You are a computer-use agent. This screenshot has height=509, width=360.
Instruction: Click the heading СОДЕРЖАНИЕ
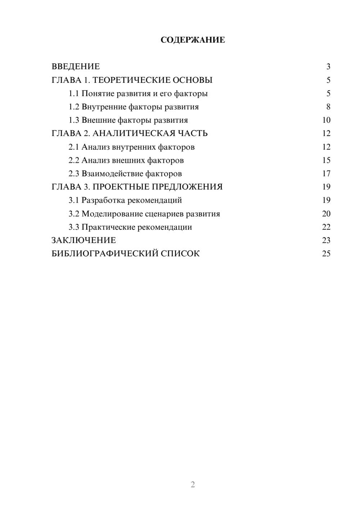point(193,40)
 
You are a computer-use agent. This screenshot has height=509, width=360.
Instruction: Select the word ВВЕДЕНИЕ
point(76,67)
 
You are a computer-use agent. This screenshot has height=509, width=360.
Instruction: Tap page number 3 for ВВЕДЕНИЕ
point(328,67)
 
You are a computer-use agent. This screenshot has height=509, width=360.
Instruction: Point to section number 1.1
point(74,94)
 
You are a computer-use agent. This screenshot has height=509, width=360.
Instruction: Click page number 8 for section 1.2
point(328,107)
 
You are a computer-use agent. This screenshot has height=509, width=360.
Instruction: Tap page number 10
point(326,120)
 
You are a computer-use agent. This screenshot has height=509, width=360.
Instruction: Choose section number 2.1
point(74,147)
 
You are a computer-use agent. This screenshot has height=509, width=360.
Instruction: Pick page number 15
point(326,160)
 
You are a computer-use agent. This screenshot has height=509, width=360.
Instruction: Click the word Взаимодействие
point(112,174)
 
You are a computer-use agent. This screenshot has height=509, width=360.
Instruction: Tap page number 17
point(326,174)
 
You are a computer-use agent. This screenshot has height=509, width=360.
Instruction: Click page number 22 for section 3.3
point(326,227)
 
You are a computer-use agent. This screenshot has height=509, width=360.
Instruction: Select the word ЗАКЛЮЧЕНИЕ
point(84,240)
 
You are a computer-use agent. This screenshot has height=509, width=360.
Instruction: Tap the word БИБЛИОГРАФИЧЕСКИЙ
point(105,254)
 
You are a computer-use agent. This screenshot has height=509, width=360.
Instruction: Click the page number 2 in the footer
point(193,485)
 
